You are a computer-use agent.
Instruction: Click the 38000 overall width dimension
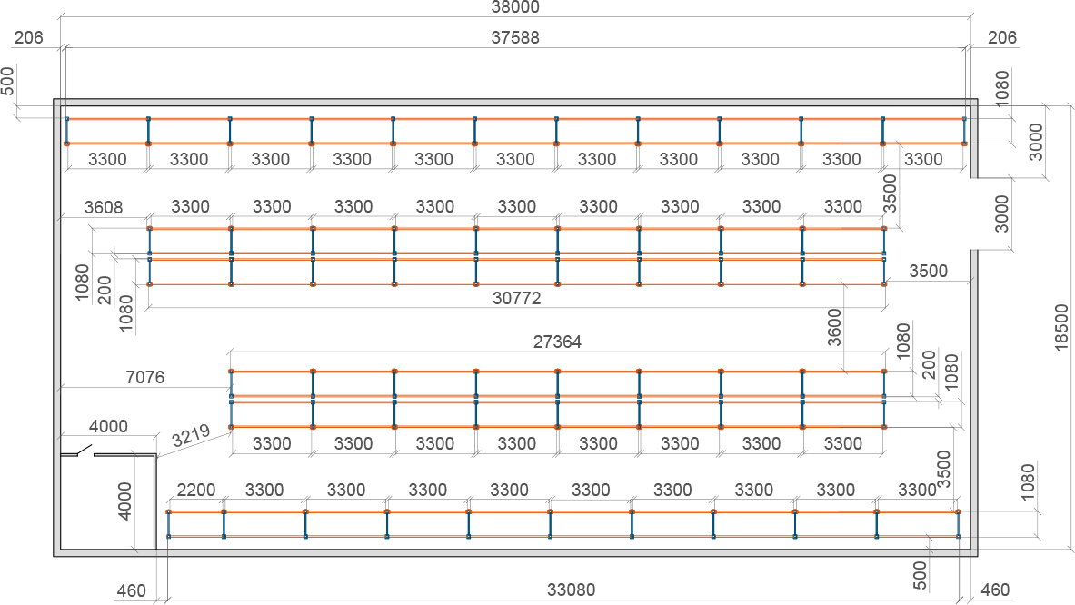click(x=515, y=7)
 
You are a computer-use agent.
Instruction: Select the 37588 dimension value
click(x=515, y=37)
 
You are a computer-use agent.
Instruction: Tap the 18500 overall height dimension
click(x=1061, y=328)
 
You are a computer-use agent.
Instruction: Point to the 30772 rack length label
click(x=517, y=299)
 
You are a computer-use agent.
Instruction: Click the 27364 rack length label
click(x=557, y=342)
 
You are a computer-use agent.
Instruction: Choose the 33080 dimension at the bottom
click(x=571, y=590)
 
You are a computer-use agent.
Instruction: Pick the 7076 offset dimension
click(x=145, y=378)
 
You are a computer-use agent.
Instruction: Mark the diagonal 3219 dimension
click(x=191, y=436)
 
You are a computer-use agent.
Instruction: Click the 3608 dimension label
click(x=104, y=208)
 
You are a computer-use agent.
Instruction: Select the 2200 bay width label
click(x=196, y=491)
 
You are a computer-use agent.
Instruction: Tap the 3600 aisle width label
click(x=834, y=328)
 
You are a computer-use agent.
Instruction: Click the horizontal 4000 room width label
click(x=108, y=427)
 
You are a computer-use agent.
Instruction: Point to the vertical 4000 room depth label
click(x=124, y=501)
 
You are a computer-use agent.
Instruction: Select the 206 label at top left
click(x=29, y=37)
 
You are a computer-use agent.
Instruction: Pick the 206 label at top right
click(x=1002, y=37)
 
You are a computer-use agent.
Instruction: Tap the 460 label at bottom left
click(x=131, y=590)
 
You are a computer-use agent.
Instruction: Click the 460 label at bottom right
click(x=995, y=590)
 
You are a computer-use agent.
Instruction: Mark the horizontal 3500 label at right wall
click(x=929, y=272)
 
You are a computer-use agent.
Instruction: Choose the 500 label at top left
click(x=7, y=81)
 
